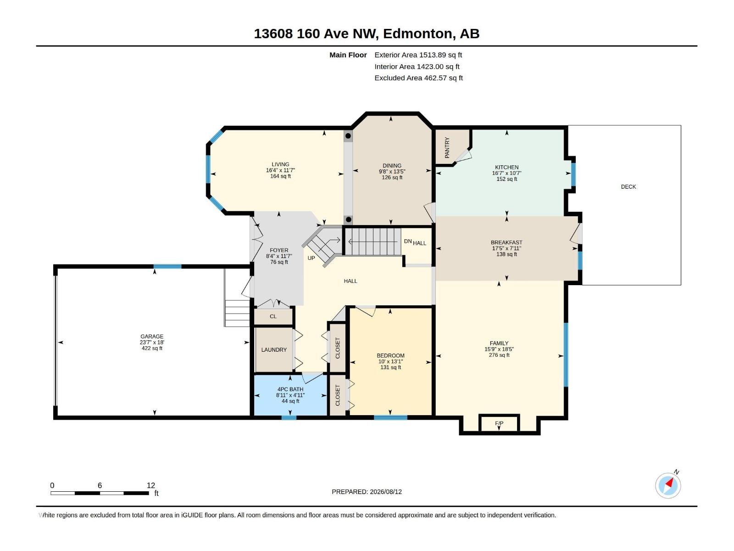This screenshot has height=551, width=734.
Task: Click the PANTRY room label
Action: point(447,147)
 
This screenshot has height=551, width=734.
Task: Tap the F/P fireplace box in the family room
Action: point(499,423)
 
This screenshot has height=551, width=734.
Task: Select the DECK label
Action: point(628,187)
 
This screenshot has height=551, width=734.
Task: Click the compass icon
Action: point(668,485)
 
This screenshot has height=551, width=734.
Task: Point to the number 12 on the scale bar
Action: point(151,485)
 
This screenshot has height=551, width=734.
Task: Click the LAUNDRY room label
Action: point(274,349)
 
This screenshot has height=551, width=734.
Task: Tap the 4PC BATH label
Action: point(290,389)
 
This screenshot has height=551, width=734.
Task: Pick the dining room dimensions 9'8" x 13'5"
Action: point(392,171)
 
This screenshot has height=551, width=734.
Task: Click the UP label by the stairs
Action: point(311,258)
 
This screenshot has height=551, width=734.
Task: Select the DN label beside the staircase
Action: point(408,241)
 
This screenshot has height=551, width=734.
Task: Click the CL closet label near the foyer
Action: point(273,316)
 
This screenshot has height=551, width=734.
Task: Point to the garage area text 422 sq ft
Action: point(152,348)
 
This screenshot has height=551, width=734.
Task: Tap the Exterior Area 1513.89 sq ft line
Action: point(418,55)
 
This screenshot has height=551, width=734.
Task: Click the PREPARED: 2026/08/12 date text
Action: point(367,492)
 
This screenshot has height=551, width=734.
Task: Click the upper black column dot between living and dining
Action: point(348,136)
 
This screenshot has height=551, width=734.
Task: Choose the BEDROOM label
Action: point(390,355)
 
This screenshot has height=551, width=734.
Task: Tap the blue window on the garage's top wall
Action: point(167,266)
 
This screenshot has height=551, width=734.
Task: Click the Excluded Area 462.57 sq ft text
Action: point(419,78)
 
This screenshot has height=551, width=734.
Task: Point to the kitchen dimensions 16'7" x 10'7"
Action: point(506,173)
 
